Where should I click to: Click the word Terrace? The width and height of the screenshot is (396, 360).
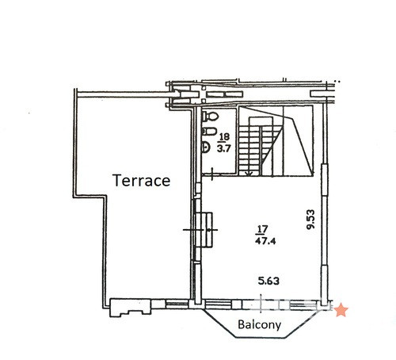[x=142, y=181]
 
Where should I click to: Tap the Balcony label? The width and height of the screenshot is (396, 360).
[x=259, y=324]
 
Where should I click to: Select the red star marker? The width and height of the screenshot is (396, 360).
[x=341, y=310]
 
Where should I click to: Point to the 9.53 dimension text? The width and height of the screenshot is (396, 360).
[x=311, y=220]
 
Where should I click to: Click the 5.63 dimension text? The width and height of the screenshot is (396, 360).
[x=268, y=281]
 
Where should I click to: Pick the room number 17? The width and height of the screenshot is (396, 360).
[x=261, y=229]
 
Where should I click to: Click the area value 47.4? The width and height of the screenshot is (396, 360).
[x=265, y=241]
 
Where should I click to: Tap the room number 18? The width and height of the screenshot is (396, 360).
[x=224, y=137]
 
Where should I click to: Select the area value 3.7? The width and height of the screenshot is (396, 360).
[x=223, y=148]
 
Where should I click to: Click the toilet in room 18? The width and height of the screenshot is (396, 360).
[x=210, y=117]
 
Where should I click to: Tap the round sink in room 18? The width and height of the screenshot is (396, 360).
[x=205, y=147]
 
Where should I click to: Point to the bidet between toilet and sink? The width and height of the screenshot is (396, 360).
[x=209, y=131]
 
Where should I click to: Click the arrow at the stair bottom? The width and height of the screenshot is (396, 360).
[x=249, y=174]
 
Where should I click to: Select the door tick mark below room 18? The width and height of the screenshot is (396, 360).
[x=212, y=174]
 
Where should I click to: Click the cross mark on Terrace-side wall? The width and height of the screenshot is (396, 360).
[x=200, y=230]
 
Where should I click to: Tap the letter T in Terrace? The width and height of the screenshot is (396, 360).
[x=117, y=181]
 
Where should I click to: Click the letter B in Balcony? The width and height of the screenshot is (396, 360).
[x=241, y=324]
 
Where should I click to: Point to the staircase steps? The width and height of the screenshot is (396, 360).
[x=256, y=148]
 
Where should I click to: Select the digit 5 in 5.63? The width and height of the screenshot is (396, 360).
[x=261, y=281]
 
